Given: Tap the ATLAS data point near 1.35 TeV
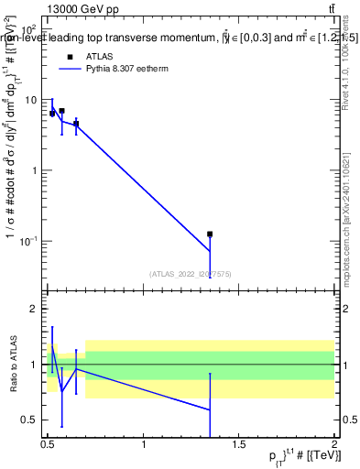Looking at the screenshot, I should tap(210, 234).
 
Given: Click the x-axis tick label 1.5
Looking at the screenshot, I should tap(240, 445).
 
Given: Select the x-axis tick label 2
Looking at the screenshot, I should tap(333, 445).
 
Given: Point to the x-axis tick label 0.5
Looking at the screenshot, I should tap(48, 445).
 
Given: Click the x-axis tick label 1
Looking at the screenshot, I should tap(144, 445).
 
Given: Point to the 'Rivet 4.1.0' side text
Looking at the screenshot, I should tap(344, 73).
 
